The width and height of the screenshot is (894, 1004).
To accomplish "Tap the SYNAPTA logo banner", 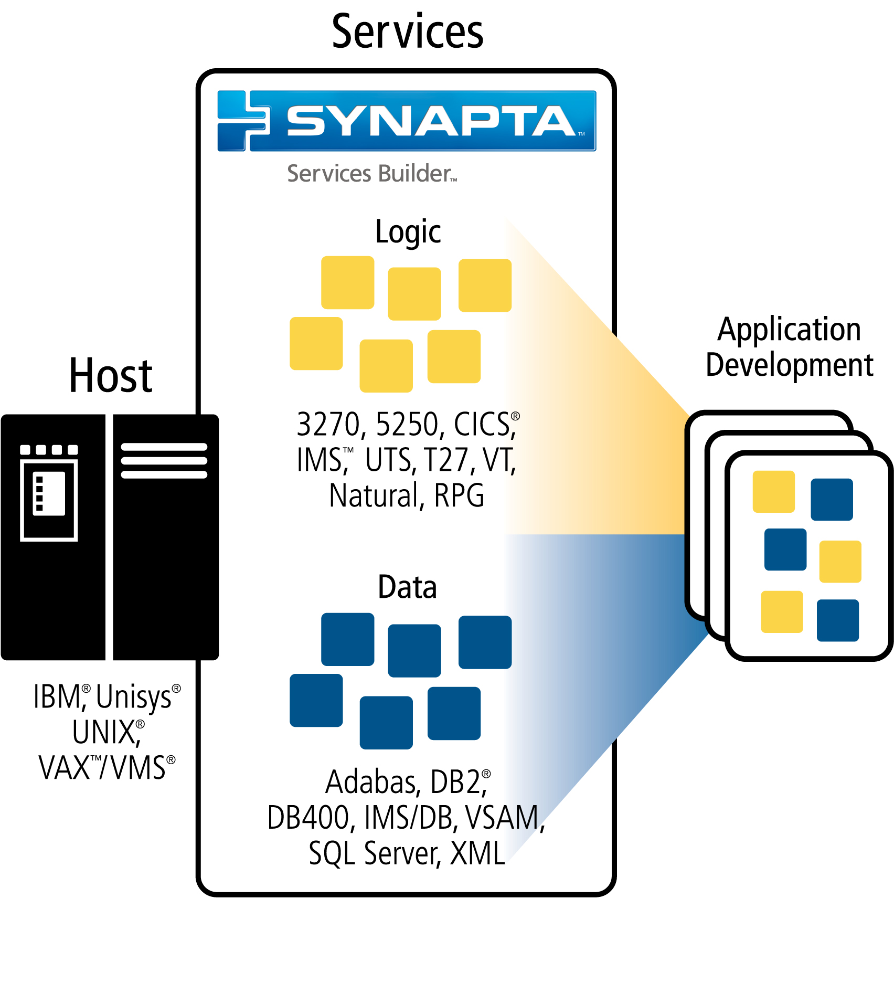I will click(x=407, y=121).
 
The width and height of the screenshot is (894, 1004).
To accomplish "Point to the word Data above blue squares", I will click(x=407, y=587).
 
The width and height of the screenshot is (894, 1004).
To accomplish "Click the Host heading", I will click(x=111, y=376).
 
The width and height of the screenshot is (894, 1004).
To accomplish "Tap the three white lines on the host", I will click(x=164, y=461).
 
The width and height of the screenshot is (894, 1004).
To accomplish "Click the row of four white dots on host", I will click(x=49, y=450).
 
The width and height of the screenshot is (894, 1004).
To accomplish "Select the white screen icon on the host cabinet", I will click(x=49, y=500).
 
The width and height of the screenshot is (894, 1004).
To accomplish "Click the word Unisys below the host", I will click(x=134, y=697).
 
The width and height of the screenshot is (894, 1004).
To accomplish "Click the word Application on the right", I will click(x=789, y=330).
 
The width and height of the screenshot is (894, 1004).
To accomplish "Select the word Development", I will click(x=789, y=365).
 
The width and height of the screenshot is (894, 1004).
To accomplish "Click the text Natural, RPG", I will click(x=407, y=496).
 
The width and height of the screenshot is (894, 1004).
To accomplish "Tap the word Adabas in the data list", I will click(x=370, y=783).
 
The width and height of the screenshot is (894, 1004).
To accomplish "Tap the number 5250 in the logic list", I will click(x=407, y=425).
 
